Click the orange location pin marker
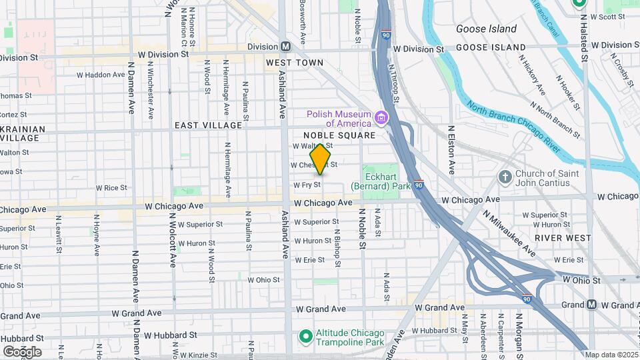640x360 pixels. [321, 159]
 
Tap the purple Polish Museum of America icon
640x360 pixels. [381, 119]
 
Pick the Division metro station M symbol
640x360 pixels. [286, 47]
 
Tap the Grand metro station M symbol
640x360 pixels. [591, 305]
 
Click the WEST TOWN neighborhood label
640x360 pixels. [294, 63]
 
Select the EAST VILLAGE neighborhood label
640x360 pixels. [208, 125]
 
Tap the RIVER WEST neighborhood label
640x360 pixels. [562, 238]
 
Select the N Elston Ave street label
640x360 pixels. [451, 149]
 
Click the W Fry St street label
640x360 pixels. [307, 185]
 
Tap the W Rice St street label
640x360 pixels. [111, 189]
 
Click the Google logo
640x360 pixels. [22, 351]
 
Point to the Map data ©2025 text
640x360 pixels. [611, 355]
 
